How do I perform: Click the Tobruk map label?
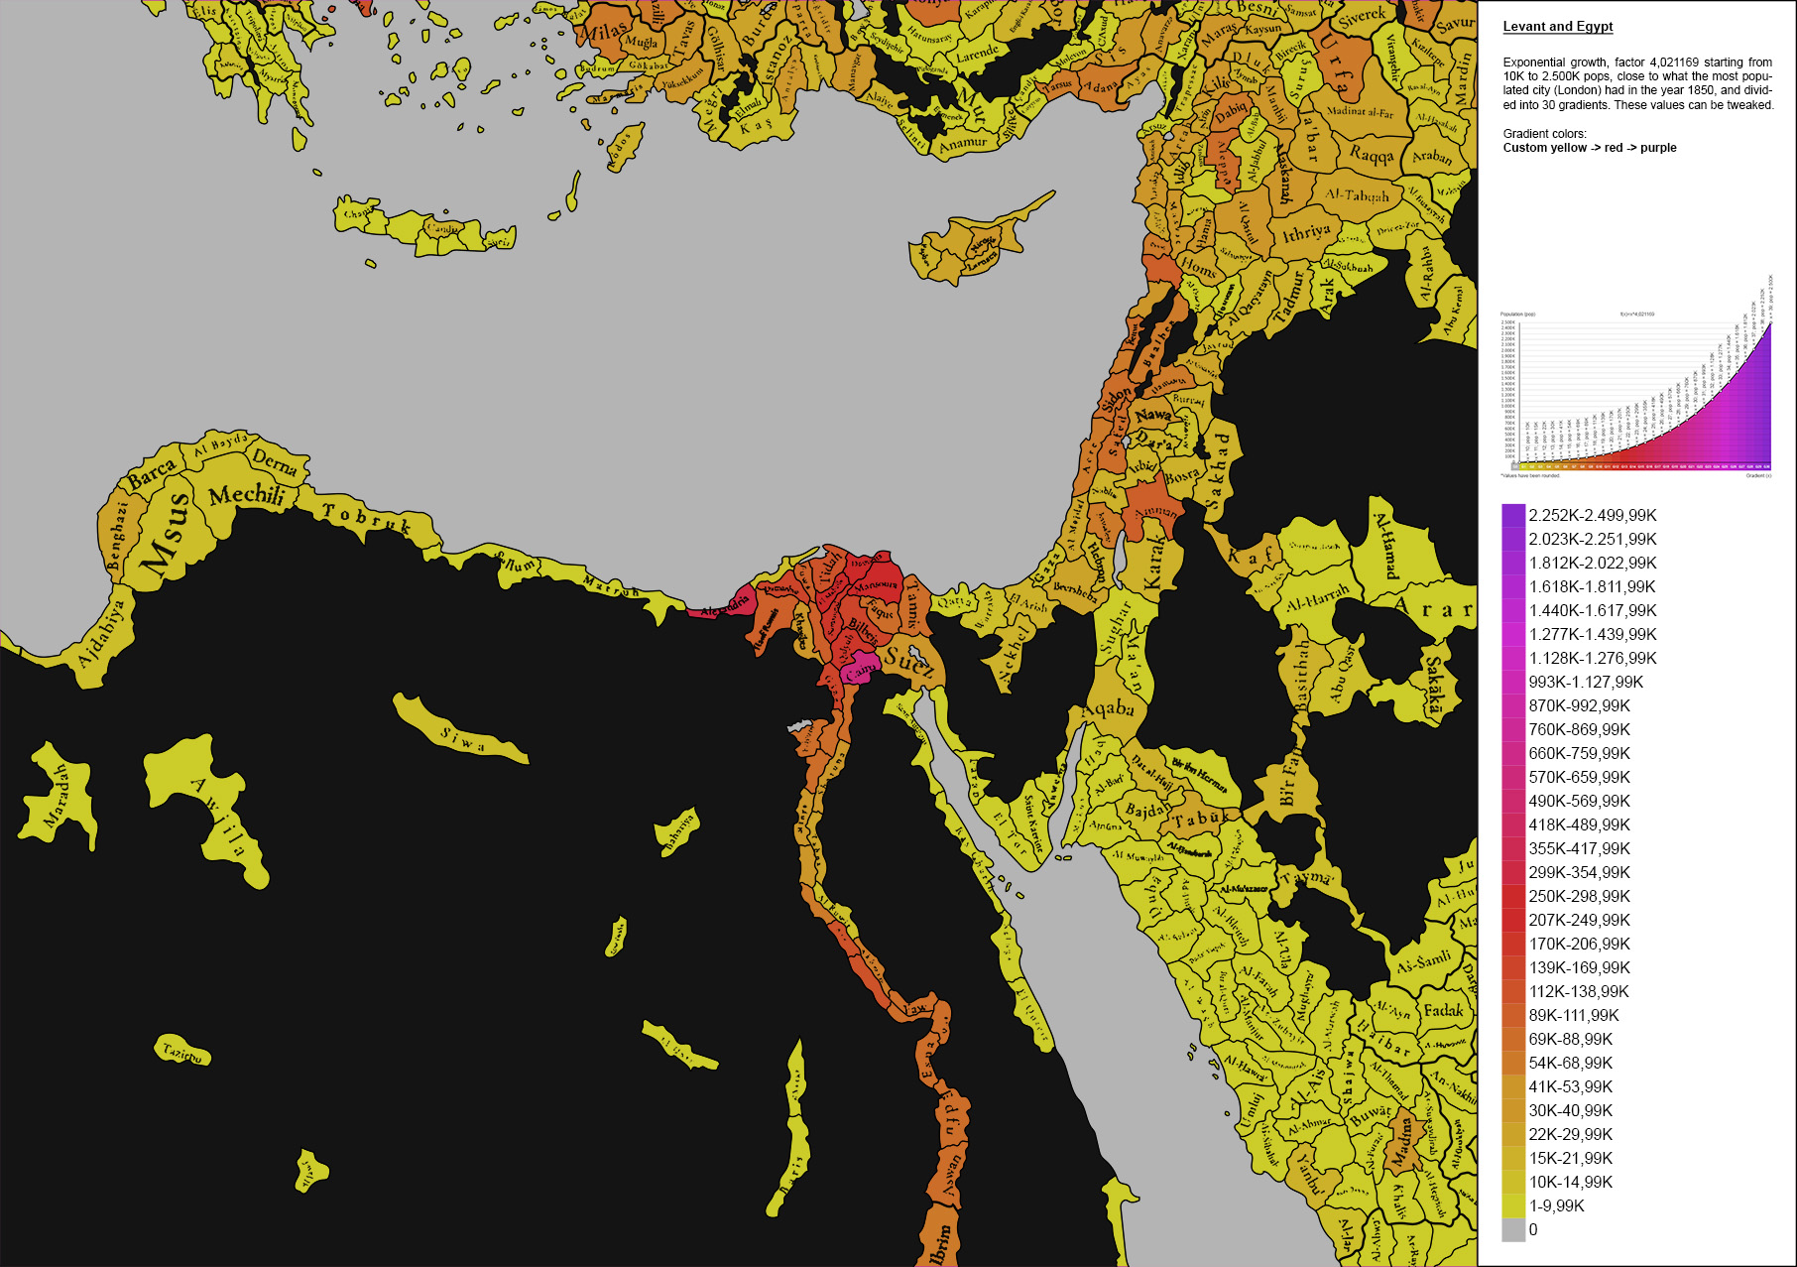367,517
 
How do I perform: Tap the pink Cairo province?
859,671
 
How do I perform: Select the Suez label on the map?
908,662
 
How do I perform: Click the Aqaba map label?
1108,709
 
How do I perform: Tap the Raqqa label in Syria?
1372,154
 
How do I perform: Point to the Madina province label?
1402,1141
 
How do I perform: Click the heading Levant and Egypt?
1557,27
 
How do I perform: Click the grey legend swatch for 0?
1513,1229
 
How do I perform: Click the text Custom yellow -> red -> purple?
1589,148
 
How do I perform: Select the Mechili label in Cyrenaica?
247,494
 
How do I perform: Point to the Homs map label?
1198,267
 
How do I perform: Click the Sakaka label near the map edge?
1434,685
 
